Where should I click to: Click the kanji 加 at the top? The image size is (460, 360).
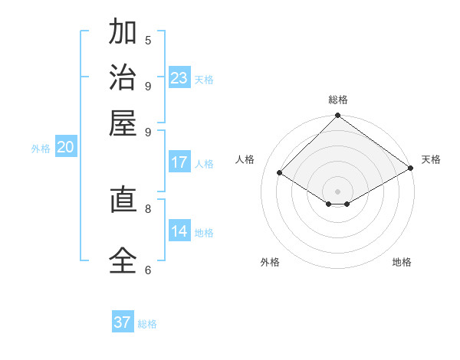pos(123,33)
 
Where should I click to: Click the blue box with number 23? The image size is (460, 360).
pos(179,78)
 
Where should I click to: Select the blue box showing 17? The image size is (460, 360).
pos(179,162)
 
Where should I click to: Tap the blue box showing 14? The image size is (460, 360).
pos(179,231)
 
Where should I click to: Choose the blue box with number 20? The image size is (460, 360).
pos(65,148)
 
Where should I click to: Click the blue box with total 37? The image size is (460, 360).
pos(123,322)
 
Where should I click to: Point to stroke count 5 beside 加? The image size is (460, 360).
pos(148,40)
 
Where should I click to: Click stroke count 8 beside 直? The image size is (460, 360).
pos(148,208)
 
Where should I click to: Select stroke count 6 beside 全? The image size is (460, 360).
pos(148,269)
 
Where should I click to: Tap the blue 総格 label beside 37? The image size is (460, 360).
pos(147,324)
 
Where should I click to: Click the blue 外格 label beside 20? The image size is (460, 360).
pos(41,149)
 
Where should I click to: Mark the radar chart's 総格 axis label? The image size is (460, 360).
pos(337,100)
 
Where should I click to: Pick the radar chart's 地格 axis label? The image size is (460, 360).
pos(402,262)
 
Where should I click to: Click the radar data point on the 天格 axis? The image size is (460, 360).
pos(410,169)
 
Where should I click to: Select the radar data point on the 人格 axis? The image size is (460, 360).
pos(280,173)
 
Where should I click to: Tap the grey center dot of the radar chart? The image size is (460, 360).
pos(337,191)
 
